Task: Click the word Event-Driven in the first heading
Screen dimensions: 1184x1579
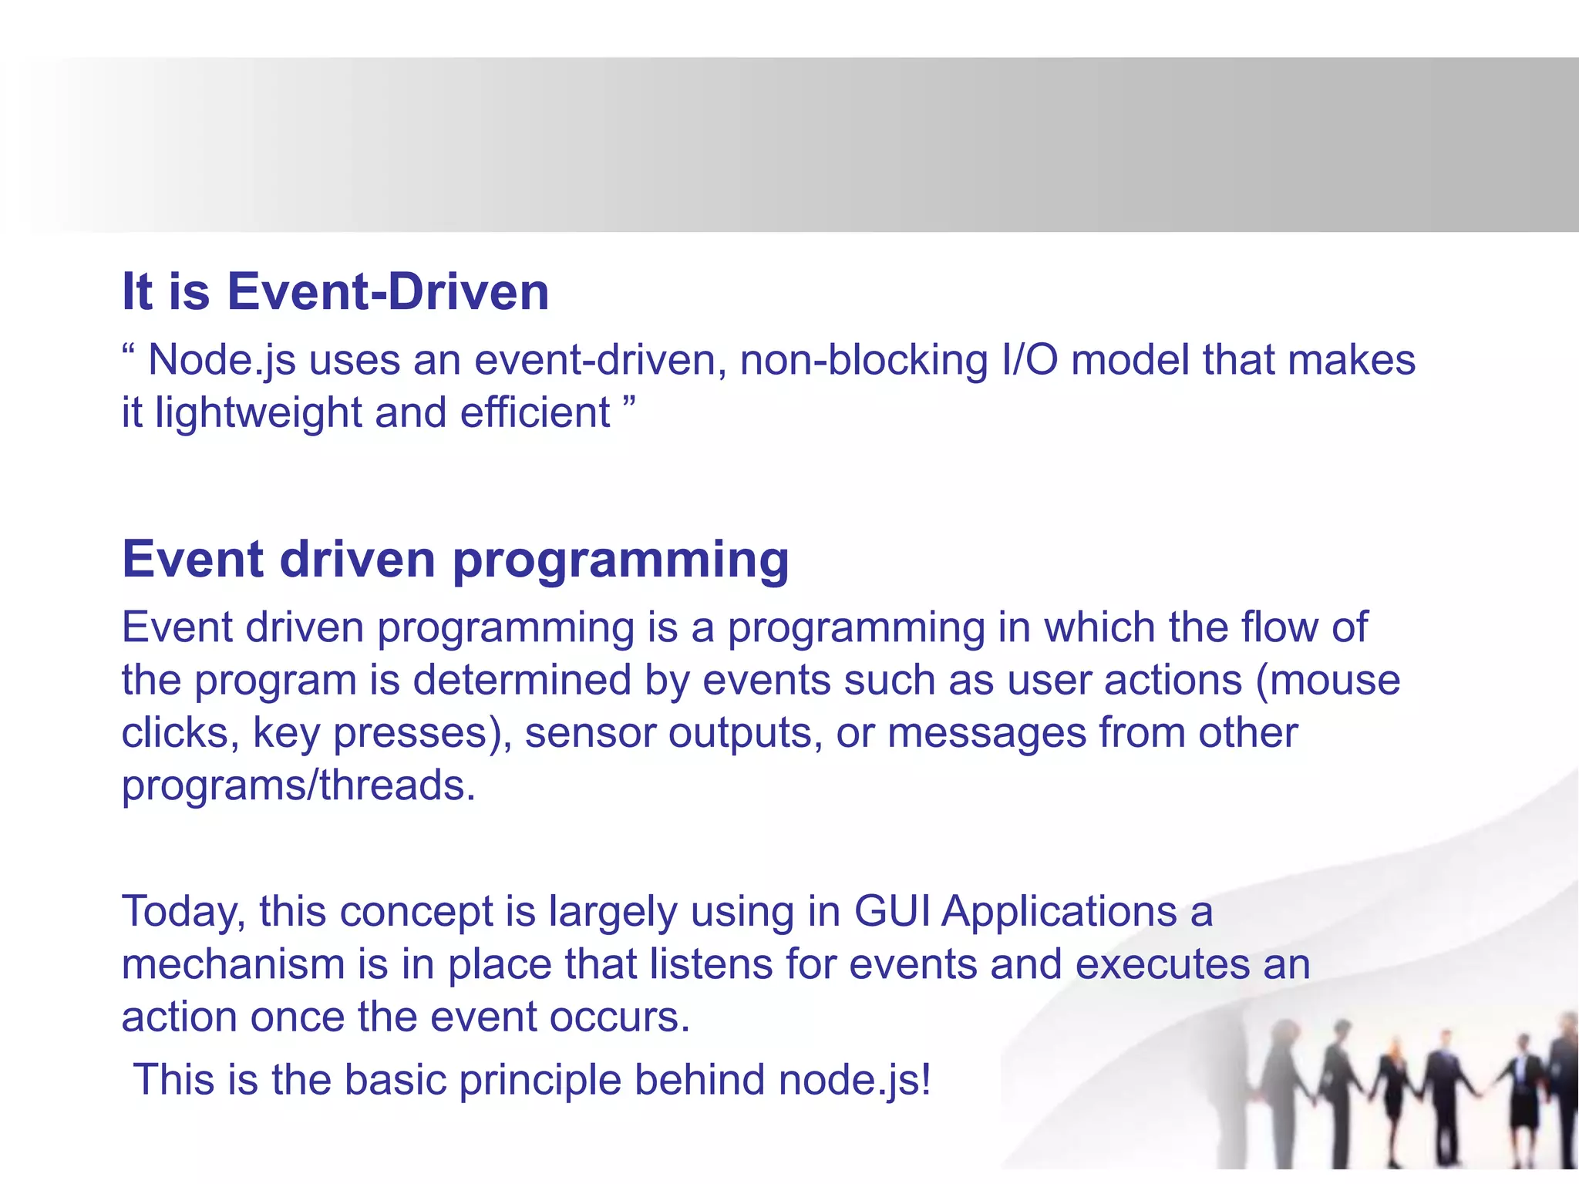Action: pyautogui.click(x=388, y=292)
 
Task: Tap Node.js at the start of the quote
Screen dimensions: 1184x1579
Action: pyautogui.click(x=222, y=361)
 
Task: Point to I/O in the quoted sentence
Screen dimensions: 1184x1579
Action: pyautogui.click(x=1029, y=361)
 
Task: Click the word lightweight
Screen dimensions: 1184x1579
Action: pyautogui.click(x=258, y=413)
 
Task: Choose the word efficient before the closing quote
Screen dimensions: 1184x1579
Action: pyautogui.click(x=535, y=413)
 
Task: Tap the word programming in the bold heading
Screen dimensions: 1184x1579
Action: pyautogui.click(x=621, y=560)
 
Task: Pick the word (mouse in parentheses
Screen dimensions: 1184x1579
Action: pyautogui.click(x=1328, y=680)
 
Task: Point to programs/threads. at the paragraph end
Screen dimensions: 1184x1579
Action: pyautogui.click(x=298, y=785)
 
